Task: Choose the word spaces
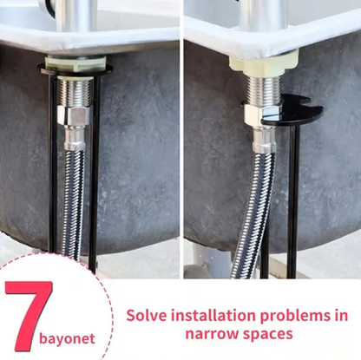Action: pyautogui.click(x=266, y=333)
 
